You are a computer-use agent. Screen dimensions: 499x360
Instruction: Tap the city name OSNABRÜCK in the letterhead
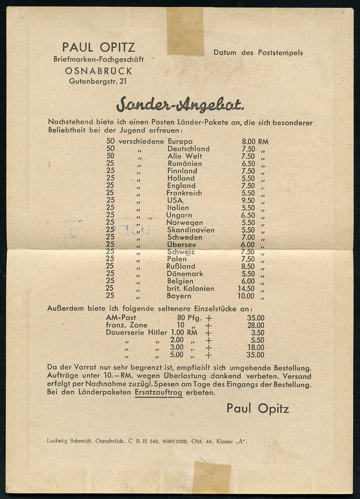coord(99,71)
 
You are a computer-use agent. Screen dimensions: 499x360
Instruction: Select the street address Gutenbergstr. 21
coord(98,81)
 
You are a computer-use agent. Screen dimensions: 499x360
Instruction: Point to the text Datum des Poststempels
coord(258,52)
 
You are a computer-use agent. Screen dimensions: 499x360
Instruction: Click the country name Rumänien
coord(184,164)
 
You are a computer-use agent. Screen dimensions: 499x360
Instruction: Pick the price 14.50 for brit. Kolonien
coord(248,288)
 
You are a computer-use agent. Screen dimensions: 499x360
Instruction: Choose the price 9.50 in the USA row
coord(248,200)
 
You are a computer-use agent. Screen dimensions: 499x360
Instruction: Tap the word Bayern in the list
coord(179,296)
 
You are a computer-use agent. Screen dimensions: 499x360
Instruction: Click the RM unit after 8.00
coord(263,142)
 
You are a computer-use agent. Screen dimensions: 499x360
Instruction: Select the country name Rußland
coord(181,266)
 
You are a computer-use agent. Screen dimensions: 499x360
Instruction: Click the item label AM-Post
coord(121,317)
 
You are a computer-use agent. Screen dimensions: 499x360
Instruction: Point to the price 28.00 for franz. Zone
coord(255,325)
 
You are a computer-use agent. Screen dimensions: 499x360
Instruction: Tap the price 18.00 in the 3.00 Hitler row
coord(255,347)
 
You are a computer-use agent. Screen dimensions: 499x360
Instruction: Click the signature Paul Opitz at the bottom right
coord(257,408)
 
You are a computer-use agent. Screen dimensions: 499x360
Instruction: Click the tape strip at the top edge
coord(185,31)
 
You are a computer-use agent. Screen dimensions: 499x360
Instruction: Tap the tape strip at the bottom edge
coord(211,478)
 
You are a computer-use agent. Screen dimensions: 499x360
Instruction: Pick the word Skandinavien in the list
coord(190,230)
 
